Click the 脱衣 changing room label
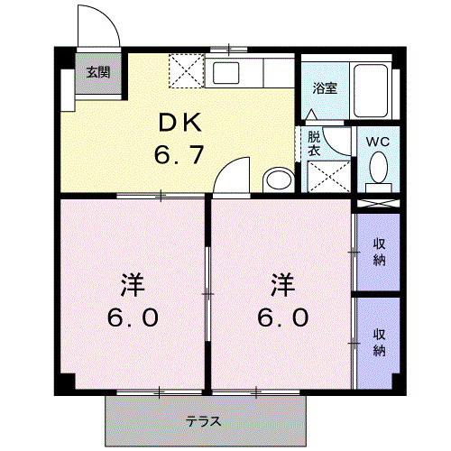tap(313, 144)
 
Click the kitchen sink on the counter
tap(225, 72)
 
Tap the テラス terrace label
tap(204, 421)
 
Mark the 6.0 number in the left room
tap(133, 318)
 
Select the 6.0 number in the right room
tap(283, 318)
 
